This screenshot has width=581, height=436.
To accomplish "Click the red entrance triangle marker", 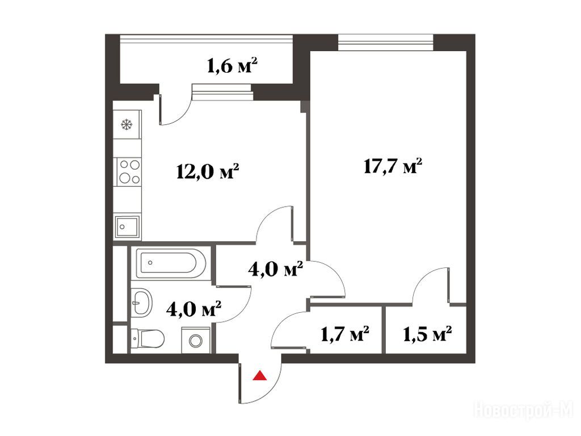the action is click(x=260, y=376).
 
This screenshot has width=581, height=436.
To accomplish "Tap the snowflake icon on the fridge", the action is click(x=127, y=124).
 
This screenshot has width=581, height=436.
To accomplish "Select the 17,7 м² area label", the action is click(x=393, y=166).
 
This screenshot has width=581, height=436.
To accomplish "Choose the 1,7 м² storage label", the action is click(x=344, y=334).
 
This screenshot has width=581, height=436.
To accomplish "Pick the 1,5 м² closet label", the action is click(x=427, y=334).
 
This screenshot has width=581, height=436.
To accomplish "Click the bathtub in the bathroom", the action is click(x=171, y=263).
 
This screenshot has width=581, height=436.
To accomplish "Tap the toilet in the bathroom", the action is click(x=148, y=338).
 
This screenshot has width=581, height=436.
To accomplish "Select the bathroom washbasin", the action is click(x=141, y=302).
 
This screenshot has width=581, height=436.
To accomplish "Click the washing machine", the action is click(x=196, y=340).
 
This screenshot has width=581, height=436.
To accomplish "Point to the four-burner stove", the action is click(x=129, y=172).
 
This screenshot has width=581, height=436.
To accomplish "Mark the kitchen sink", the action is click(x=127, y=227).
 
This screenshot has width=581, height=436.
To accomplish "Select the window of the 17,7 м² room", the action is click(x=386, y=42).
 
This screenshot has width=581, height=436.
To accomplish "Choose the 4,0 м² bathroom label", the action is click(x=194, y=309).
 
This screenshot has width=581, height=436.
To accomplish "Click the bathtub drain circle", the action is click(x=150, y=262).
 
